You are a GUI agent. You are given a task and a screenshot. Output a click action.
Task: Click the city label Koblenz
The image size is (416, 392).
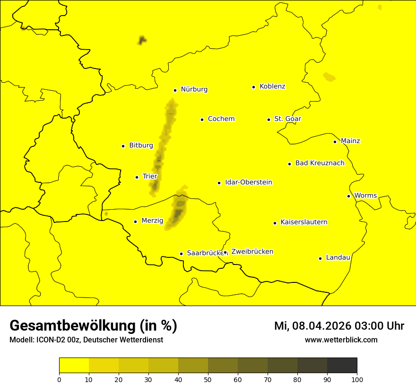(272, 86)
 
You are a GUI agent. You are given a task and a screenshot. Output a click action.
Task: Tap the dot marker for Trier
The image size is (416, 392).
(137, 177)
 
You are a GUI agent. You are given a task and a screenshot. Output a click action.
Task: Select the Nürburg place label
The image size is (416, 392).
(194, 89)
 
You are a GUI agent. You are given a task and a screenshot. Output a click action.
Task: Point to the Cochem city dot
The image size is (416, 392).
(202, 119)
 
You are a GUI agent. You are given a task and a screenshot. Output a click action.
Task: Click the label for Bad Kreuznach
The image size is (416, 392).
(320, 163)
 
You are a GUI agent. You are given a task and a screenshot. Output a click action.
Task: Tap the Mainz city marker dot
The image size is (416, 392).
(335, 142)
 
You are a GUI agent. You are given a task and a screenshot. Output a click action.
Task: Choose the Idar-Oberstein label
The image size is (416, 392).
(249, 182)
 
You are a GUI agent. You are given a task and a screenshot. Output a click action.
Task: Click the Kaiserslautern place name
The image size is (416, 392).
(304, 222)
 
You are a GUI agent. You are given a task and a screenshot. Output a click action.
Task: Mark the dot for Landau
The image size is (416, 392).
(320, 258)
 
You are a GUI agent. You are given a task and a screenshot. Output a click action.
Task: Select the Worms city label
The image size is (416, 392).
(365, 196)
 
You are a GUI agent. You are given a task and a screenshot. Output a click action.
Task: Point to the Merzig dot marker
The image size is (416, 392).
(135, 222)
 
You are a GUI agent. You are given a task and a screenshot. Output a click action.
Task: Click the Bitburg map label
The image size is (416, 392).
(141, 145)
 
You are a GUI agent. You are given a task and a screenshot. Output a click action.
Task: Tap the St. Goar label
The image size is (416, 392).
(287, 119)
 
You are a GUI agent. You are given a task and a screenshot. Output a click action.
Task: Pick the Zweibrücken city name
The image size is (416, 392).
(252, 252)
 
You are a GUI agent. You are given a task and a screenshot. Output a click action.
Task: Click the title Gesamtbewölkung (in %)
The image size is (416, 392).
(93, 326)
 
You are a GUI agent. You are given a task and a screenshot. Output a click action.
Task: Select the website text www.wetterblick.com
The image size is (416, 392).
(341, 340)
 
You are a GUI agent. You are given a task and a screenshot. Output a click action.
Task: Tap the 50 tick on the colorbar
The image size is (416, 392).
(208, 379)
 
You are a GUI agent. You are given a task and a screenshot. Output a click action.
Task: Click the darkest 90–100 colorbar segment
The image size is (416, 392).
(342, 366)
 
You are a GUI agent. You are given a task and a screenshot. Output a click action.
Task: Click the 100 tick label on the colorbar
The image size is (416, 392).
(357, 379)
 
